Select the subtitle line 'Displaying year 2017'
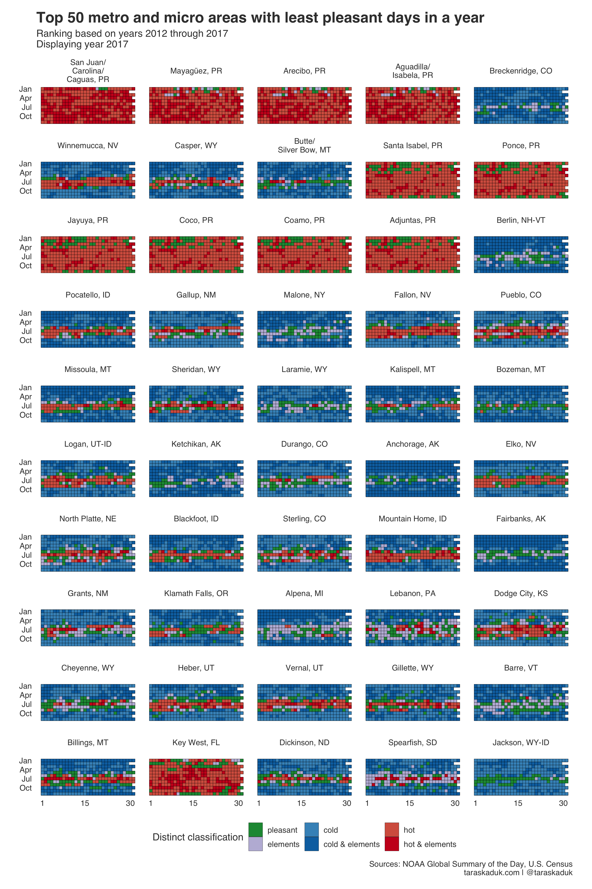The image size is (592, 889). [82, 44]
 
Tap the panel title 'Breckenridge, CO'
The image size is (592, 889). [521, 71]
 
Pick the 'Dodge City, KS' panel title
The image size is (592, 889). [521, 593]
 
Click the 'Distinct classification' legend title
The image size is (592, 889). [198, 837]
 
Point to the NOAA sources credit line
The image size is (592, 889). [470, 864]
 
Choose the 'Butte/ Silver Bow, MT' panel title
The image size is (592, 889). [304, 146]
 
